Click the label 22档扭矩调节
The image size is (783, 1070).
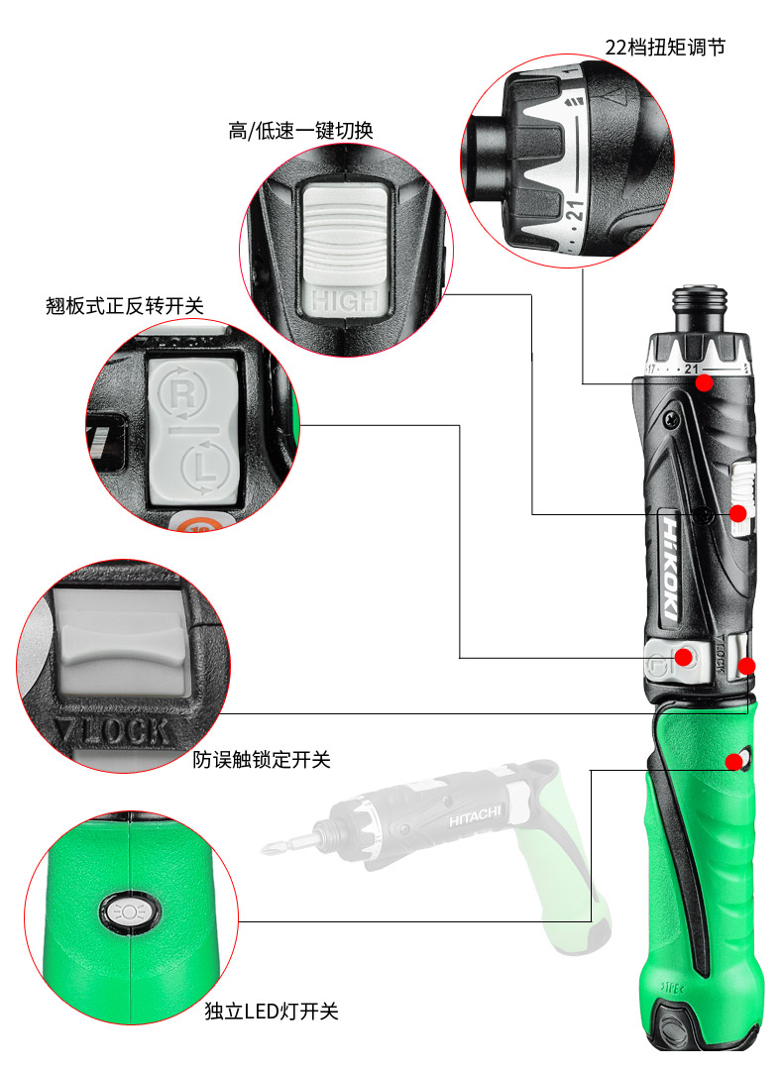(x=665, y=47)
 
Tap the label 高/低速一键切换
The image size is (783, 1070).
(x=300, y=131)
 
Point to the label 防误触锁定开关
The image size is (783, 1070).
(x=262, y=760)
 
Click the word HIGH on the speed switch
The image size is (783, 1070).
(x=345, y=299)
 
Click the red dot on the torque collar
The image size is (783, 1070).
(x=703, y=382)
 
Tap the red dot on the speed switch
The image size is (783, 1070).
(x=737, y=512)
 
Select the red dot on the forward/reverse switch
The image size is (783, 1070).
(x=684, y=657)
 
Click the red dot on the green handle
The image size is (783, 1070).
(x=733, y=761)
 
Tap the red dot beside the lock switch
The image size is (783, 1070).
(x=747, y=666)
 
